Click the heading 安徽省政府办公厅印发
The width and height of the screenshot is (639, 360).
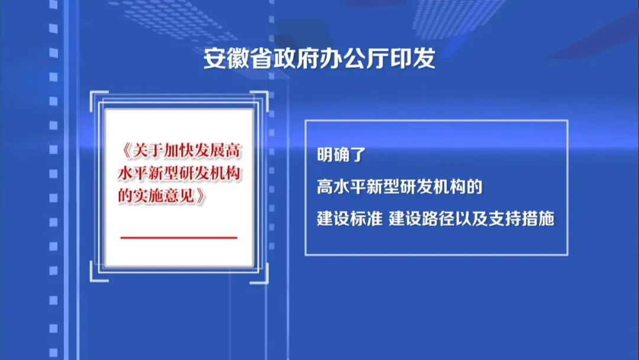point(319,58)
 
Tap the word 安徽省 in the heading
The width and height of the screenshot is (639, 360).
point(238,58)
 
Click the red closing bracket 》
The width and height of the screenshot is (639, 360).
point(200,196)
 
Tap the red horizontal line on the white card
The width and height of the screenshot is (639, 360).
point(179,237)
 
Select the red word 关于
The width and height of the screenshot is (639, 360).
point(147,151)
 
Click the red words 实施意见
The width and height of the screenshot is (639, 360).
point(164,196)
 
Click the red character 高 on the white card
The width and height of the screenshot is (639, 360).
point(233,151)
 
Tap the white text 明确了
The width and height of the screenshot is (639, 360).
point(341,155)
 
